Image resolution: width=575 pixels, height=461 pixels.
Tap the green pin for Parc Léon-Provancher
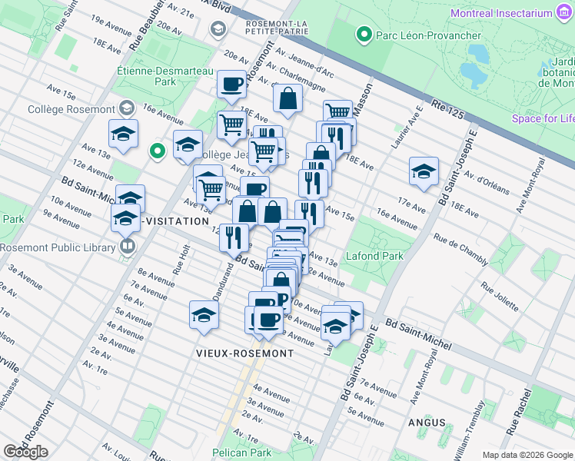[x=363, y=35]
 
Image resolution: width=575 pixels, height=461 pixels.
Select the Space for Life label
[x=543, y=118]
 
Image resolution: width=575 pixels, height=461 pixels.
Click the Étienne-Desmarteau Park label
[x=153, y=75]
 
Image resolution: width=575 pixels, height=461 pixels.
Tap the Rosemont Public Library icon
[x=128, y=247]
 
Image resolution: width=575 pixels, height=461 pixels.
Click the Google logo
[x=25, y=452]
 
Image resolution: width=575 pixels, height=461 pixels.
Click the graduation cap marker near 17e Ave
[x=424, y=172]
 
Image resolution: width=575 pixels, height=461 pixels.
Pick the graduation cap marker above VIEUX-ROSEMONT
[x=203, y=315]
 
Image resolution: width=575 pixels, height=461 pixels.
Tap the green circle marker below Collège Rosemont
[x=158, y=151]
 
